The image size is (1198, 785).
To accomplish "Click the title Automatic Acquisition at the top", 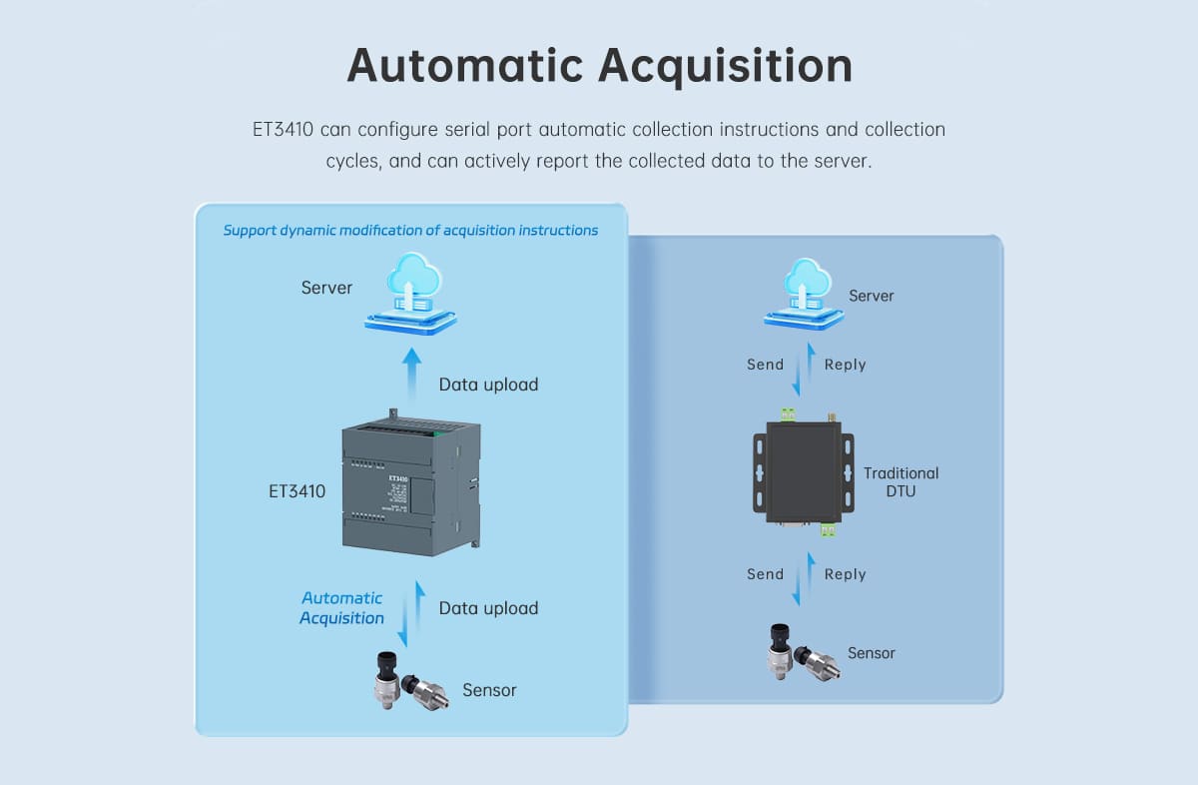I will tap(599, 65).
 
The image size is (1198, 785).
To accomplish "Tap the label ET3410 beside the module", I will tap(298, 491).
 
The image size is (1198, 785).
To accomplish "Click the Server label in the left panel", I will tap(326, 288).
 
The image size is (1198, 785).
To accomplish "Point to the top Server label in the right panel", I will tap(871, 296).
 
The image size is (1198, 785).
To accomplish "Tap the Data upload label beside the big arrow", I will tap(488, 385).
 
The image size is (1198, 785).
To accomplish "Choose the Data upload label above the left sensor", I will tap(488, 608).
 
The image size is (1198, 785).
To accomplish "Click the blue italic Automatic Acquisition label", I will tap(342, 608).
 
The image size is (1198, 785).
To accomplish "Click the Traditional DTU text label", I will tap(900, 481).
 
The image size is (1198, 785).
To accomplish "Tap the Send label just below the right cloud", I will tap(765, 365).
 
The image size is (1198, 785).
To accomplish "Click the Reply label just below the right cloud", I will tap(845, 365).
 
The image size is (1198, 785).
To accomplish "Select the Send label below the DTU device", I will tap(765, 574).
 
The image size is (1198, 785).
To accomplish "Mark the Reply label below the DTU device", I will tap(845, 574).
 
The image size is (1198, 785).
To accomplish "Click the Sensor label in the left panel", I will tap(489, 690).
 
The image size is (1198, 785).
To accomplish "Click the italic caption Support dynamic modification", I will tap(410, 231).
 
